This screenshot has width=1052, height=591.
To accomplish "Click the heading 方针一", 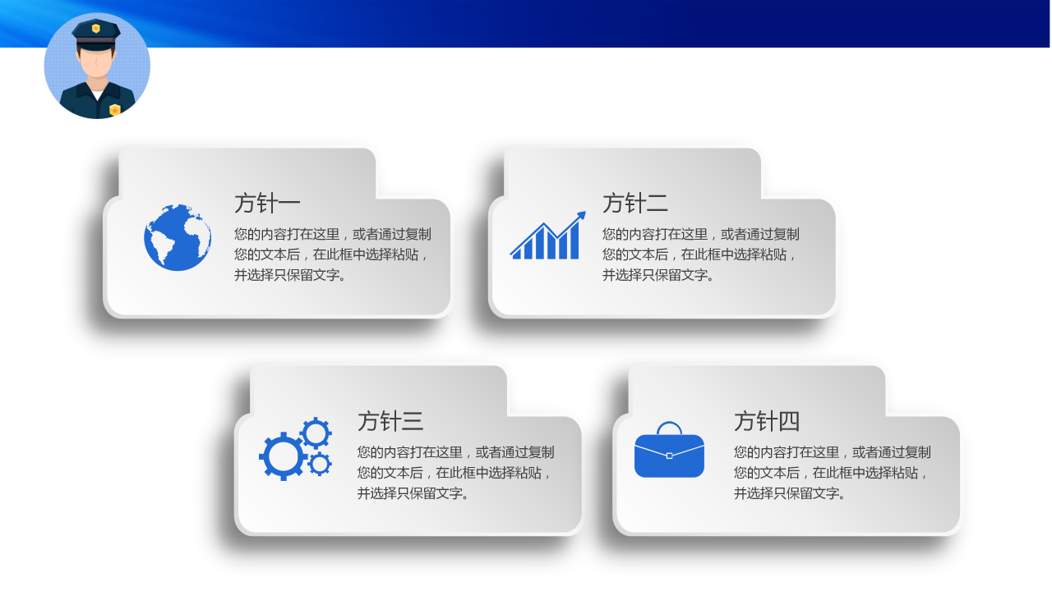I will [x=267, y=203].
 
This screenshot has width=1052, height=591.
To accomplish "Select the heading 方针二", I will [x=635, y=203].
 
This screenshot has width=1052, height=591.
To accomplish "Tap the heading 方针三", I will [x=390, y=421].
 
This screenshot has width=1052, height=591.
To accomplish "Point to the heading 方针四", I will [x=767, y=421].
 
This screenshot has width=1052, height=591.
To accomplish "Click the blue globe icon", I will [x=178, y=238].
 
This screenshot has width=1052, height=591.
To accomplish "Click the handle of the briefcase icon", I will [x=669, y=426].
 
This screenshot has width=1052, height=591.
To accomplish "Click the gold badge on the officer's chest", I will [x=115, y=109].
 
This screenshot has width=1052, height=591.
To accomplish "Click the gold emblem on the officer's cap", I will [x=96, y=29].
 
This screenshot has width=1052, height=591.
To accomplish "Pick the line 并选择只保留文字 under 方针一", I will [x=290, y=275].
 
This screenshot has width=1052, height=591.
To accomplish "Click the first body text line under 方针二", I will [x=700, y=234].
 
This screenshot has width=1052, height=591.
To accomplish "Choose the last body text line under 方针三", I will [x=413, y=493].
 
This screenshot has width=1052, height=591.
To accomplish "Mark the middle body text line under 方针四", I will [x=831, y=473].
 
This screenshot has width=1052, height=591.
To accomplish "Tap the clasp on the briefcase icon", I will [x=669, y=455].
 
